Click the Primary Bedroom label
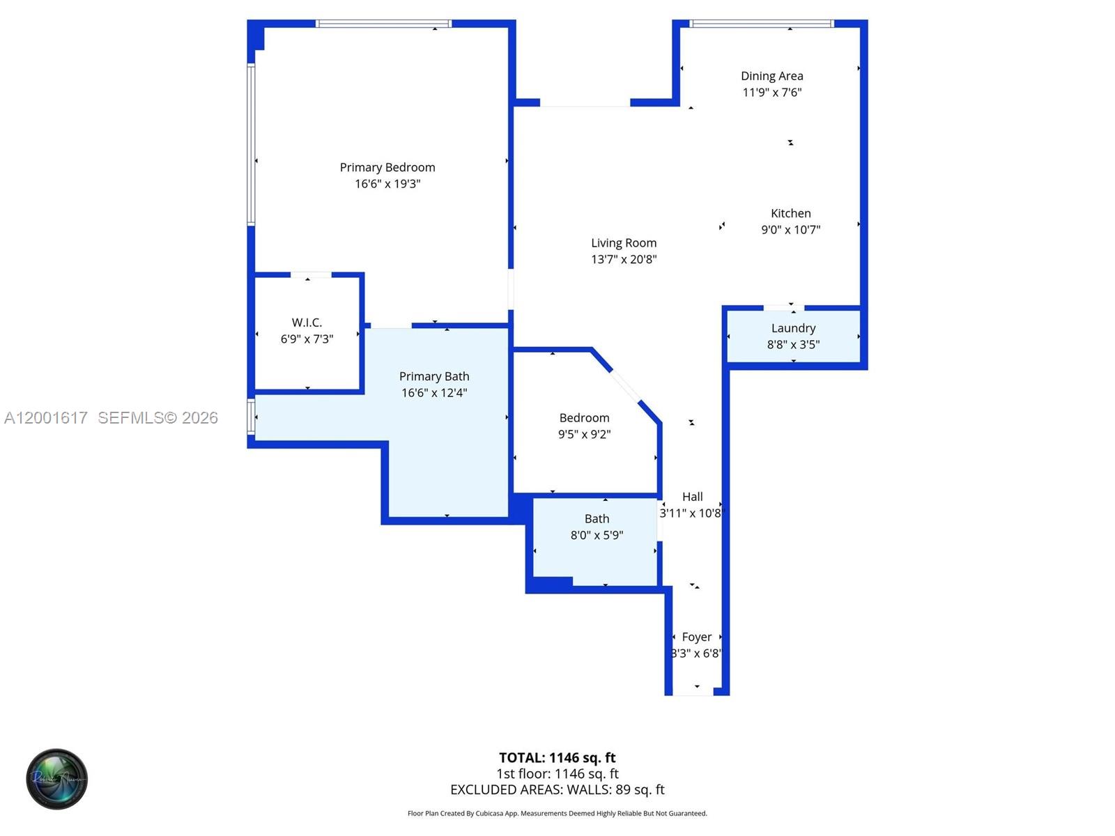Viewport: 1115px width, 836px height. [387, 167]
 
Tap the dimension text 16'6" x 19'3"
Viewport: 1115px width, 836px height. [387, 184]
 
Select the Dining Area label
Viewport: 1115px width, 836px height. [771, 76]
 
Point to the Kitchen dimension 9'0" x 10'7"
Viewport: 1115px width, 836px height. [790, 230]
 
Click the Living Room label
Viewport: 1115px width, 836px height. [624, 243]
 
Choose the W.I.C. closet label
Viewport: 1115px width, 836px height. [307, 323]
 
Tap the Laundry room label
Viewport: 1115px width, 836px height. [793, 328]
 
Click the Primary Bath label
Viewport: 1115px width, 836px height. [434, 376]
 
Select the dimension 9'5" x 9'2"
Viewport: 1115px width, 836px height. [584, 435]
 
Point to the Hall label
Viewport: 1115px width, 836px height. [692, 497]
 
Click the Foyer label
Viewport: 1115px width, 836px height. [697, 637]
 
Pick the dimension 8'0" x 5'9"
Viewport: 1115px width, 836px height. [597, 535]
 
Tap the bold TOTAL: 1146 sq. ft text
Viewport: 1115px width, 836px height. [557, 757]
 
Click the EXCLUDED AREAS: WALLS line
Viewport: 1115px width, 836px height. [557, 789]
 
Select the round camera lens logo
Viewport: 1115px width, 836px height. [57, 779]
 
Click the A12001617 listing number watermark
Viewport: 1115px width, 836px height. [46, 417]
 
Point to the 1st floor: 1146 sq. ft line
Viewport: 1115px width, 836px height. [557, 773]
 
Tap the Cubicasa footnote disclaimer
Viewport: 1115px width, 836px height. [557, 813]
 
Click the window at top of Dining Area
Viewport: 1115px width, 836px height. [761, 24]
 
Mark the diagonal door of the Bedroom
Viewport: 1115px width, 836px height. [625, 385]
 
